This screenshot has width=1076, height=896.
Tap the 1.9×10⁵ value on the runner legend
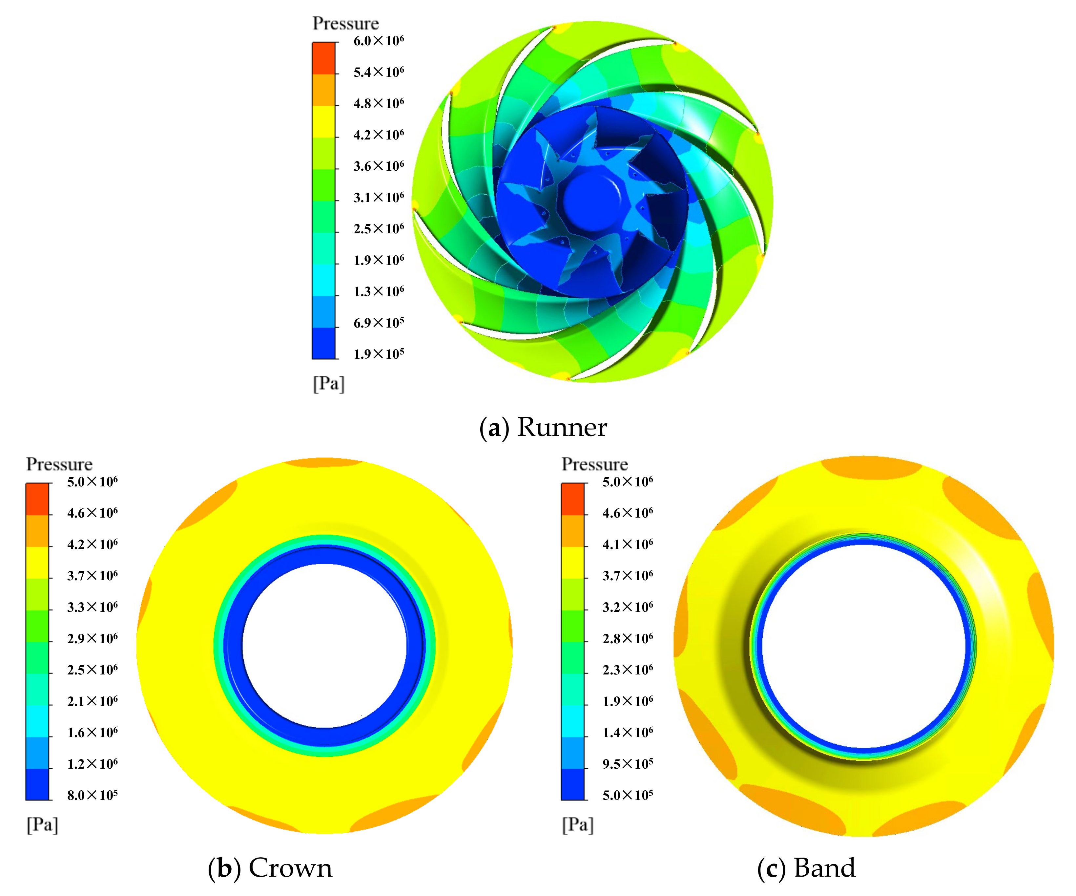pyautogui.click(x=378, y=354)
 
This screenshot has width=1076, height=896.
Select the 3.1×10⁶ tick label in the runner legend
pyautogui.click(x=378, y=197)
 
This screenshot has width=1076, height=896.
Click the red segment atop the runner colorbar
pyautogui.click(x=323, y=58)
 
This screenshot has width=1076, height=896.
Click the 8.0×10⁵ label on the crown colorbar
pyautogui.click(x=92, y=795)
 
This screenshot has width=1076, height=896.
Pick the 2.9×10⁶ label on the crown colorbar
pyautogui.click(x=92, y=638)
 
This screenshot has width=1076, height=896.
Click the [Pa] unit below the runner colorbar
pyautogui.click(x=328, y=383)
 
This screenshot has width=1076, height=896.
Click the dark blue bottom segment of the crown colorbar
pyautogui.click(x=37, y=784)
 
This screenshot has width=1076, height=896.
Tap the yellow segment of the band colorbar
pyautogui.click(x=572, y=562)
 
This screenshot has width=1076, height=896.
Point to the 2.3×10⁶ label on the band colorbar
pyautogui.click(x=628, y=670)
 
